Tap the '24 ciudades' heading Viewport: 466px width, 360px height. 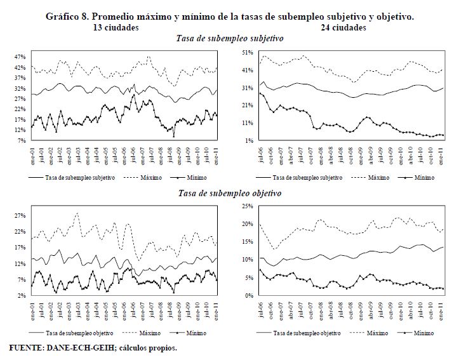point(344,27)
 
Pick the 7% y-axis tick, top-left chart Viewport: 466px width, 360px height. point(20,140)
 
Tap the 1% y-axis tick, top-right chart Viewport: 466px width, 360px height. point(250,140)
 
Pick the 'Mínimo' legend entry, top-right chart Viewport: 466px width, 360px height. point(425,178)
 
